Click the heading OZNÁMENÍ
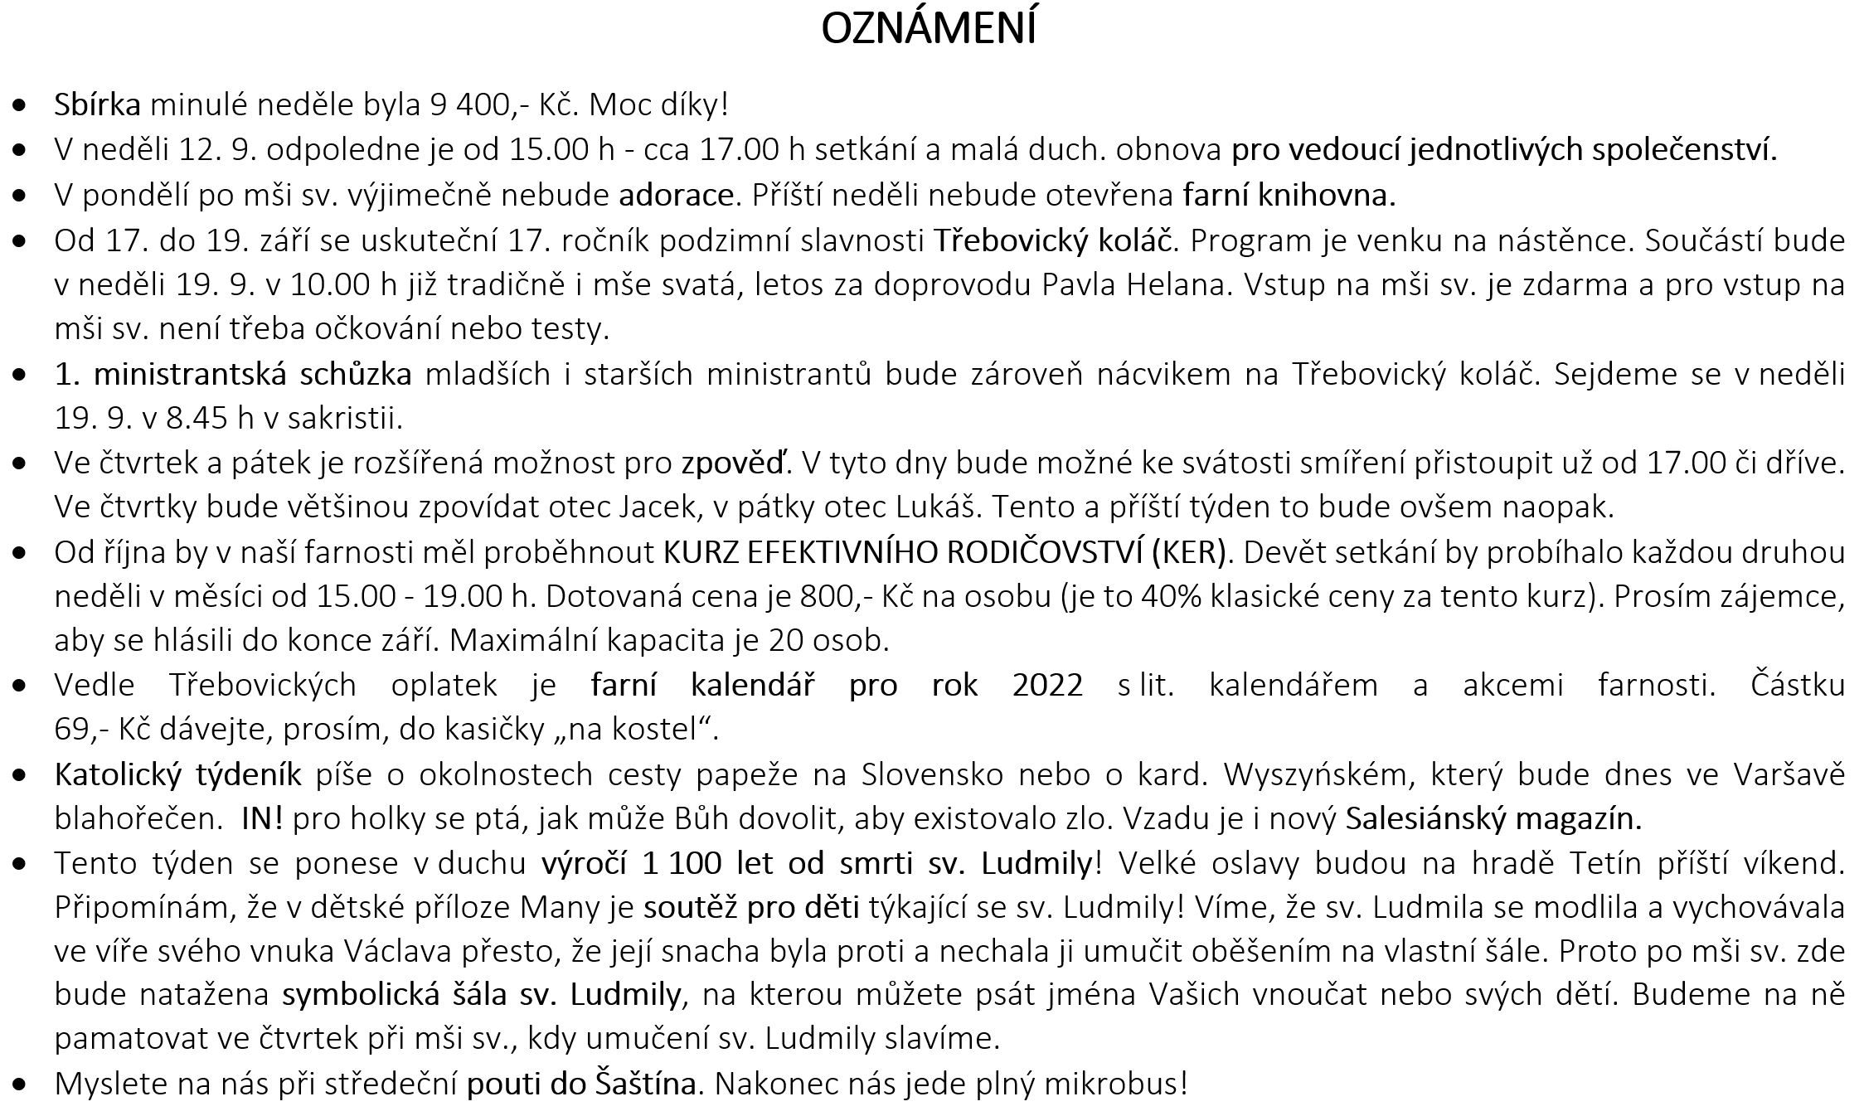(928, 29)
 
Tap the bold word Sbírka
(97, 105)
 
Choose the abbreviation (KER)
(1188, 552)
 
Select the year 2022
(1047, 685)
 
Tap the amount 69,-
(81, 730)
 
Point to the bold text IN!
(262, 819)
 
